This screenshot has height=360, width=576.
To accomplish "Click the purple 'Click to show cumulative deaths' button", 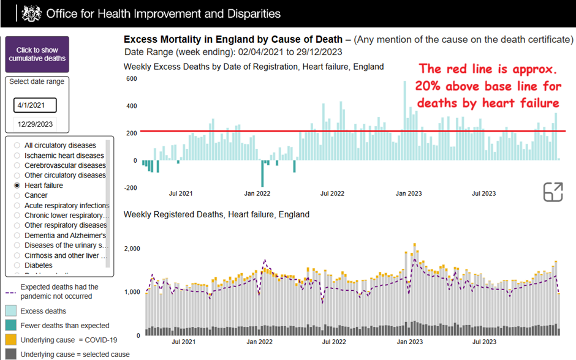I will [x=37, y=54].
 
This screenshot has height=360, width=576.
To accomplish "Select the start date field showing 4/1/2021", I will [x=35, y=105].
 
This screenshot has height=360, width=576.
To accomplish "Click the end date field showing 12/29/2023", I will [x=35, y=124].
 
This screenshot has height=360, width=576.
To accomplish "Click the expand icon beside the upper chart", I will [x=553, y=192].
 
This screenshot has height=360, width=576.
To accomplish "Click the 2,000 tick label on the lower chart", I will [x=132, y=249].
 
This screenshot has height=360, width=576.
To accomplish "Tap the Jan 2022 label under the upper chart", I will [x=257, y=193].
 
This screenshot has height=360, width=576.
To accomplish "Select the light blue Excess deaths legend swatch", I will [x=11, y=312].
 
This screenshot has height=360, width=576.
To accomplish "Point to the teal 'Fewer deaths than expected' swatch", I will [x=11, y=326].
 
